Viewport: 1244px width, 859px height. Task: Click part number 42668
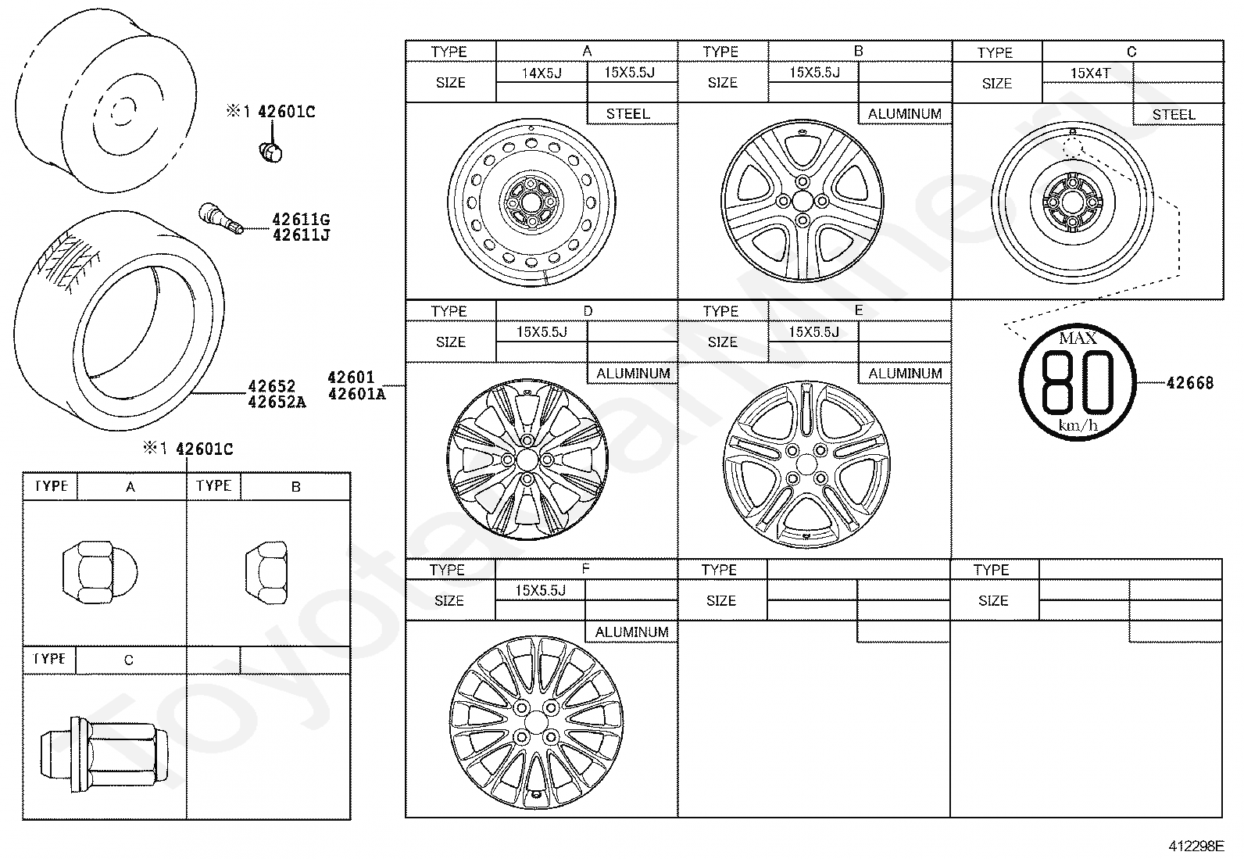(x=1189, y=383)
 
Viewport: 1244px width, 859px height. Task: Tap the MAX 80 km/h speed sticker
(x=1078, y=382)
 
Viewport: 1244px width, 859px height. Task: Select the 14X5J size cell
(x=542, y=73)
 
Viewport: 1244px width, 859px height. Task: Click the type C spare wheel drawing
(x=1072, y=202)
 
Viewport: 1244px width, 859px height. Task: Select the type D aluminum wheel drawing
(x=527, y=459)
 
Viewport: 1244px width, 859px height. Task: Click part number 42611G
(x=301, y=220)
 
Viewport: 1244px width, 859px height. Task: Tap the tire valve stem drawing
(x=220, y=217)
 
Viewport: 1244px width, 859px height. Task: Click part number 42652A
(x=277, y=403)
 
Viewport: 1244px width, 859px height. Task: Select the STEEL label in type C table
(x=1174, y=115)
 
